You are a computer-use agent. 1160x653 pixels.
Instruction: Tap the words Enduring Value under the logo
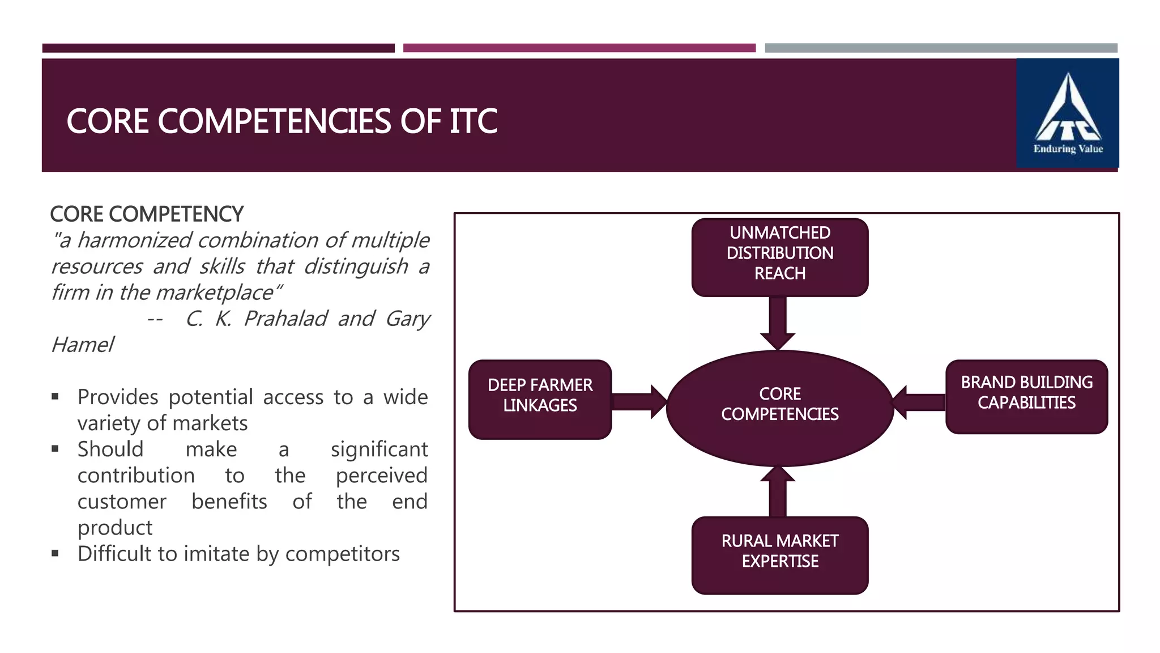pos(1068,149)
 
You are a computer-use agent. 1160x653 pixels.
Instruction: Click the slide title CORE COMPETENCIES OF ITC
pos(282,121)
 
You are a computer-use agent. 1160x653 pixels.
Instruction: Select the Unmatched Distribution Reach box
pos(779,257)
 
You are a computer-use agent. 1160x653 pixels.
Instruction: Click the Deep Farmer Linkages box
pos(540,398)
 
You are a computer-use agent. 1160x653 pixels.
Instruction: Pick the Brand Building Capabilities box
pos(1026,396)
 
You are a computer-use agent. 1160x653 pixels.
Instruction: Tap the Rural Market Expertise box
pos(779,554)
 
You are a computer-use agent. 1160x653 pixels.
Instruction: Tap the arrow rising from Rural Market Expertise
pos(778,492)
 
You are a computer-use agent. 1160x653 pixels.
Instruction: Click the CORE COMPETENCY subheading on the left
pos(147,214)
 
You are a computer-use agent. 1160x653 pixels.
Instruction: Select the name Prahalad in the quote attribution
pos(285,319)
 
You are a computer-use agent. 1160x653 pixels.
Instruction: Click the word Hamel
pos(83,345)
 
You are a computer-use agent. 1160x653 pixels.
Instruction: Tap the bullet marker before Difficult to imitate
pos(55,553)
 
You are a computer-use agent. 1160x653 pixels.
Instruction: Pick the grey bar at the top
pos(941,48)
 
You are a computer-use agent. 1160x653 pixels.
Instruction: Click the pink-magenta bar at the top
pos(579,48)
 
